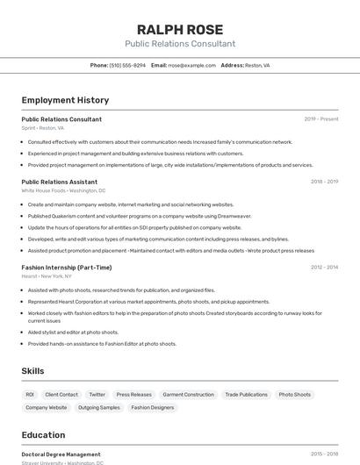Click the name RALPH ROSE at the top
[180, 29]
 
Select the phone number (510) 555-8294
[127, 65]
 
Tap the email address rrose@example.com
[191, 65]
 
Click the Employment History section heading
[65, 100]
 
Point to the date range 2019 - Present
[321, 118]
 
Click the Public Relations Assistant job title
[59, 182]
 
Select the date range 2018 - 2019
[324, 182]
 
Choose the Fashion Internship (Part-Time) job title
[67, 268]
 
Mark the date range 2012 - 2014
[324, 268]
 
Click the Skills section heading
[32, 371]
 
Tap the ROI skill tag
[30, 395]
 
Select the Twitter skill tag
[97, 395]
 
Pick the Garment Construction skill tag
[188, 395]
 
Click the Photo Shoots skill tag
[295, 395]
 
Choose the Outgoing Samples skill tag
[99, 407]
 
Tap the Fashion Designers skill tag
[153, 407]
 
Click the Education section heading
[43, 435]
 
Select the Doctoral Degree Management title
[61, 454]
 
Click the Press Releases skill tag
[133, 395]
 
